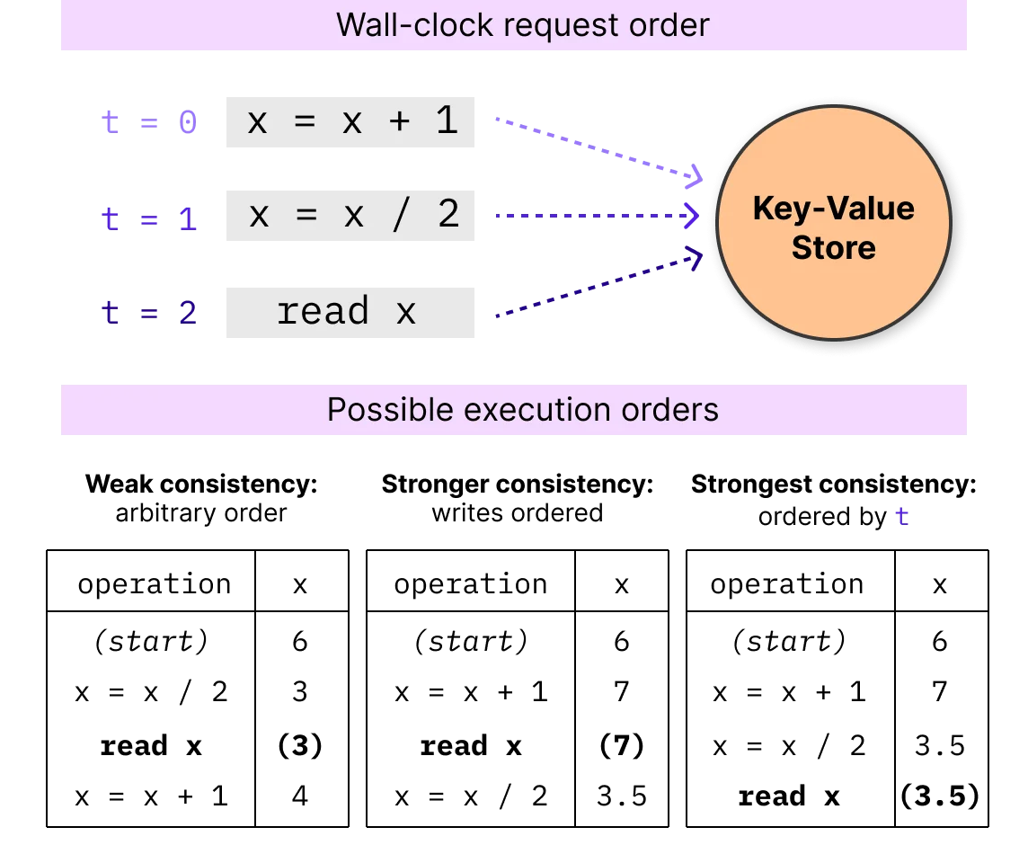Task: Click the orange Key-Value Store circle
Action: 833,223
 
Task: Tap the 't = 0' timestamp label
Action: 149,122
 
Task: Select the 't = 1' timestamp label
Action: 149,218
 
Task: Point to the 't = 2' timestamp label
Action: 149,312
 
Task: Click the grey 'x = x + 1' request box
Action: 350,122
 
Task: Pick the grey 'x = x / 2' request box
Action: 350,216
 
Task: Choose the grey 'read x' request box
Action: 350,312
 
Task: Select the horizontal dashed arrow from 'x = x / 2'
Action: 598,215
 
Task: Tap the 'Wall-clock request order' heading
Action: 522,25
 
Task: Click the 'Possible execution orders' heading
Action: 522,409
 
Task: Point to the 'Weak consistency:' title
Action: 201,485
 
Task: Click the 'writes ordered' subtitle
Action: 518,513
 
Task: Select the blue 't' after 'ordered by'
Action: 902,516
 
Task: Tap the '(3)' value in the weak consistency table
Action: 300,746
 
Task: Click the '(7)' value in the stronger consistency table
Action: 622,746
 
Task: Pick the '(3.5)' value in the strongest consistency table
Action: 940,796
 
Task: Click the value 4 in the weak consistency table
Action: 300,796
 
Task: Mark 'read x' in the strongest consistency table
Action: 789,796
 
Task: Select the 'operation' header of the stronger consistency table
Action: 470,584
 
